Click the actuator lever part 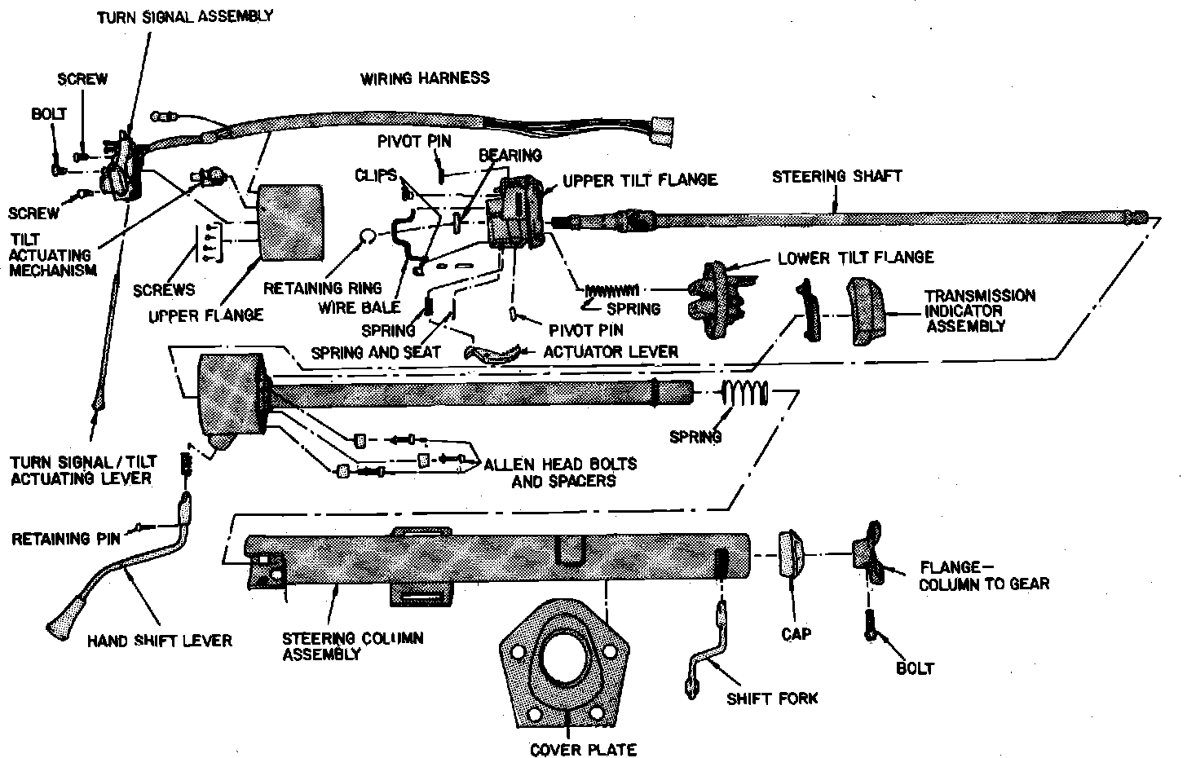(492, 352)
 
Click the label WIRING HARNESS (425, 78)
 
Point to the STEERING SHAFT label (837, 176)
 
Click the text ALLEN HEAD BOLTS (560, 464)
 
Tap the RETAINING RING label (322, 288)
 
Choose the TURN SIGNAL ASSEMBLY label (185, 15)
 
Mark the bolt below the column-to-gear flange (868, 624)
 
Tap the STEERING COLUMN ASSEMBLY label (352, 646)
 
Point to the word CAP (795, 633)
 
